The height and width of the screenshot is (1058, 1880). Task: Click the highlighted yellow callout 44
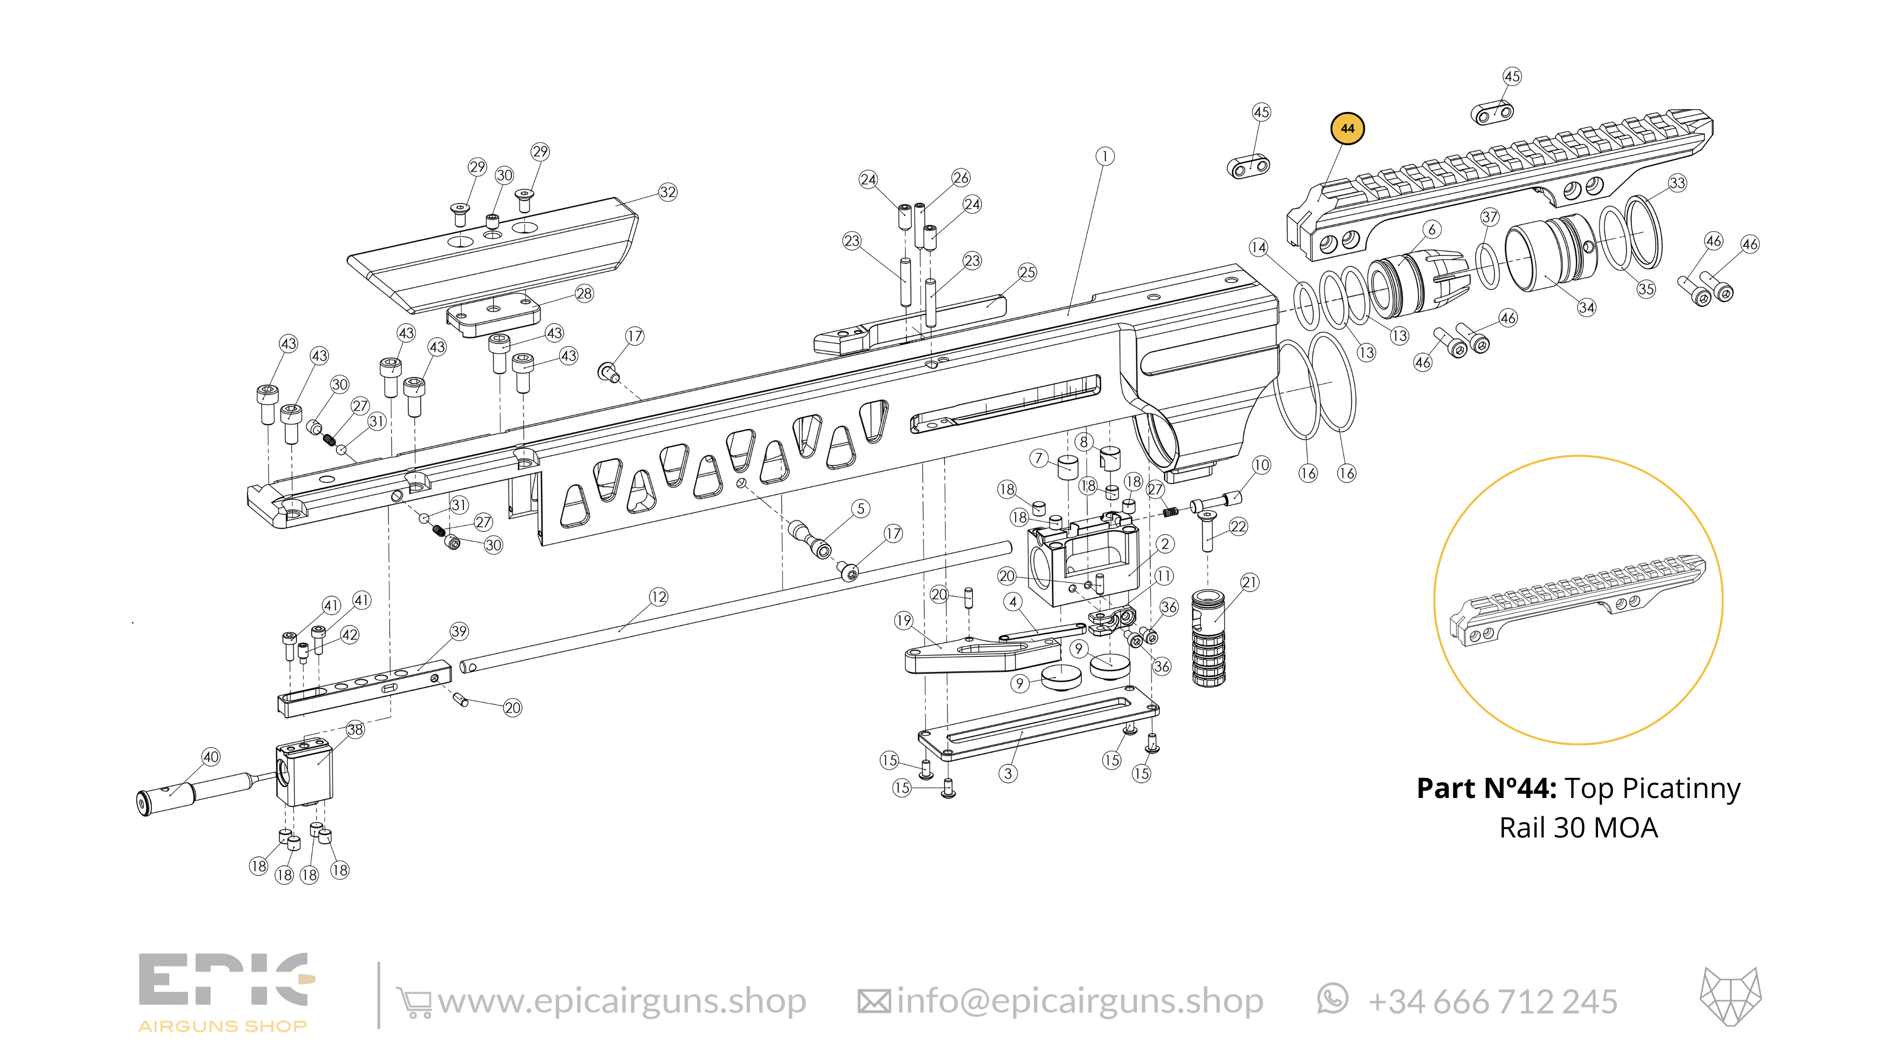[1347, 128]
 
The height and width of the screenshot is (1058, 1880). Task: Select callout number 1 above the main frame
[1105, 156]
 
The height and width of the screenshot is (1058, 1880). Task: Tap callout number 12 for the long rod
[658, 597]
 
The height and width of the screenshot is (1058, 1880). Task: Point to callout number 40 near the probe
[211, 757]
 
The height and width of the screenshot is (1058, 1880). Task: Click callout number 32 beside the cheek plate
[668, 192]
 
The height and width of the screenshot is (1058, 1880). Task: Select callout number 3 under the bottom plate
[1008, 773]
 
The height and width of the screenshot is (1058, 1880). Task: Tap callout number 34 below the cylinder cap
[1587, 308]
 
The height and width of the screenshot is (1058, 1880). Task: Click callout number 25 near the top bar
[1027, 272]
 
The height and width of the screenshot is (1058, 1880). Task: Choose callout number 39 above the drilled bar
[459, 631]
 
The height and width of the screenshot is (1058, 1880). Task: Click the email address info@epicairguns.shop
[1080, 1001]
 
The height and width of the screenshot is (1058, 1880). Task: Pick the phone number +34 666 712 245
[1492, 1002]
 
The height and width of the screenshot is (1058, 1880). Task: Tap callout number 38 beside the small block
[355, 729]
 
